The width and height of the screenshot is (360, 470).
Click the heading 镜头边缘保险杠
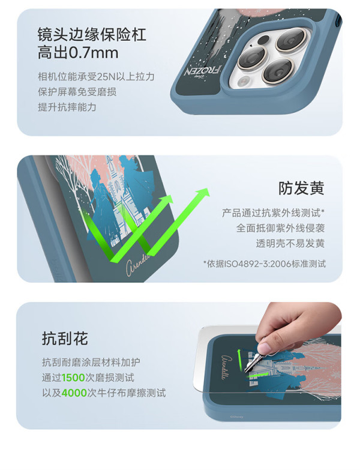92,34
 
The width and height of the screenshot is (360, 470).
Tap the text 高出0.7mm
78,53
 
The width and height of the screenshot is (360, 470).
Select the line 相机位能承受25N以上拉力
96,77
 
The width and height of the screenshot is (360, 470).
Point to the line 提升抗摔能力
67,107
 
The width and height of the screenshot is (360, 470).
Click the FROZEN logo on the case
202,71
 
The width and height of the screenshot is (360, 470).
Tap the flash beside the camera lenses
245,80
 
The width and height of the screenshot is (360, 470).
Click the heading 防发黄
301,188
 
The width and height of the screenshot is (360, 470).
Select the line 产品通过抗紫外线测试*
273,213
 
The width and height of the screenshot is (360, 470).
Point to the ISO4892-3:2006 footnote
265,264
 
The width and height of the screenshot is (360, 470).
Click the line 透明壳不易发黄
290,243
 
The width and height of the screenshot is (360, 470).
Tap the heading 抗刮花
65,339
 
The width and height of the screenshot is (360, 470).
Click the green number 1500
73,378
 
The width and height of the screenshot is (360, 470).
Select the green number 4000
74,393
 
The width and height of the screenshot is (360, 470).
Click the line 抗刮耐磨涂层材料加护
91,363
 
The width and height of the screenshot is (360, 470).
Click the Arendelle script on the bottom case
227,367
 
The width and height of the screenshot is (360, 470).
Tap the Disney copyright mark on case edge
236,417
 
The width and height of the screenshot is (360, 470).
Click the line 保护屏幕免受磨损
77,92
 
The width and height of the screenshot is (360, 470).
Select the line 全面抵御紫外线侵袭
280,228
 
